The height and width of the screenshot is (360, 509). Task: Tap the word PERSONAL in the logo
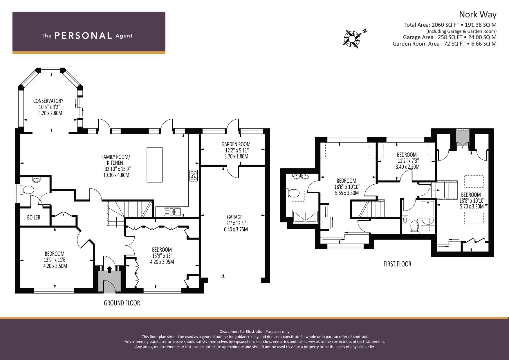pos(83,36)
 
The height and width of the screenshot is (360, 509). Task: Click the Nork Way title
pos(478,15)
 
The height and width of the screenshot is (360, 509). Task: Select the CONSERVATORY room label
pos(48,101)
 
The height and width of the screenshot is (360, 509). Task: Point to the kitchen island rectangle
pos(155,165)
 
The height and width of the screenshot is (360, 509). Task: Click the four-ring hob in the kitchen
pos(194,176)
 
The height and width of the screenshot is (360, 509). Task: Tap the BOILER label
pos(34,217)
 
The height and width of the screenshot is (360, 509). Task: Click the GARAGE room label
pos(235,217)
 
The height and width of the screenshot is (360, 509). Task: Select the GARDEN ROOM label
pos(236,144)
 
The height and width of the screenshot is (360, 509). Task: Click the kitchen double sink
pos(172,212)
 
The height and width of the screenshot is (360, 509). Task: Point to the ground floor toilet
pos(27,189)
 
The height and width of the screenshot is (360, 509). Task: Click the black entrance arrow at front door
pos(109,270)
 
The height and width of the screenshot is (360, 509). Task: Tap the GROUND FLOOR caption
pos(122,303)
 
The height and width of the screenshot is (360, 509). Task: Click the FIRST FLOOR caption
pos(397,264)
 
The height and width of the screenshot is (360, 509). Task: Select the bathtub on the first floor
pos(428,213)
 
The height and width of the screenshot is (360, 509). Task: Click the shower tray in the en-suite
pos(305,217)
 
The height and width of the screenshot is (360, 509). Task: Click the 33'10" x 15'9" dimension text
pos(118,169)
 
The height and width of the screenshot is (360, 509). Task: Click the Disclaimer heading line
pos(255,332)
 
